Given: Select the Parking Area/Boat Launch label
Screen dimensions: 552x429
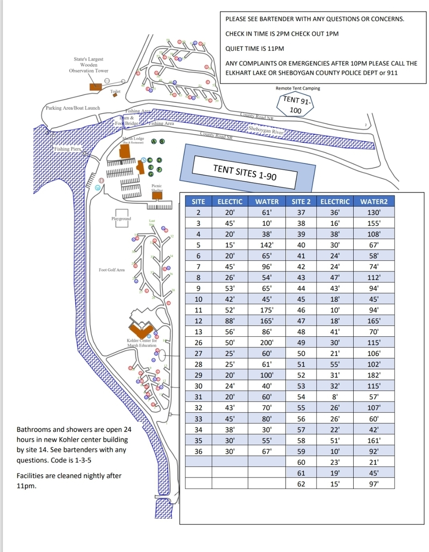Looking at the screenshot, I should [x=73, y=108].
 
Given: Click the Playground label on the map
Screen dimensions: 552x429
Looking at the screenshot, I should [x=121, y=218].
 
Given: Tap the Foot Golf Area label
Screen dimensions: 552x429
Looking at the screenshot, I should [x=112, y=270].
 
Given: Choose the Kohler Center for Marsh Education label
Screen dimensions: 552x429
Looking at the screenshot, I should [x=142, y=343].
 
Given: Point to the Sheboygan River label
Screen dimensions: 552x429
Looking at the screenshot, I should [x=266, y=131].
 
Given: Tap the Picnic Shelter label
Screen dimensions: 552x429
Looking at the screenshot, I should [x=157, y=188].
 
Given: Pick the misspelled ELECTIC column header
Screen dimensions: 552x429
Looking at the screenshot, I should [x=230, y=201].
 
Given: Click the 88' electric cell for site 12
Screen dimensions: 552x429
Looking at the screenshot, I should [x=230, y=321].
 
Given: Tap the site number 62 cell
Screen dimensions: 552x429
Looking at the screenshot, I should [x=301, y=484].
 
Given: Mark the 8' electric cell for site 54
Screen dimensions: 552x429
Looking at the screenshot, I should [x=335, y=397].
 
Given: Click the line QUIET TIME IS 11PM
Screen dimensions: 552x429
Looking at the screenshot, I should [x=255, y=49].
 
